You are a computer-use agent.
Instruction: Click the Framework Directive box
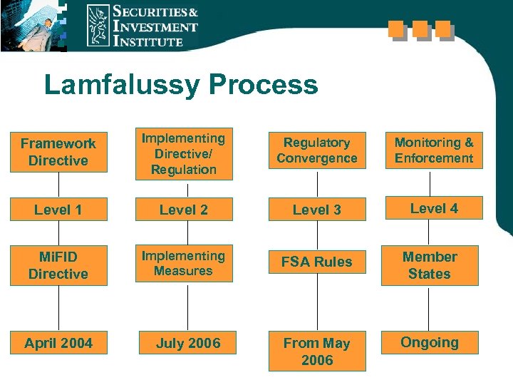tap(58, 152)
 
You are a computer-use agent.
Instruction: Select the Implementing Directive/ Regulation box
tap(183, 154)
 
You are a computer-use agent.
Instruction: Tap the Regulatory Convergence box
tap(317, 150)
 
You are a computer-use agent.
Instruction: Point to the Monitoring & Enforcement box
tap(433, 150)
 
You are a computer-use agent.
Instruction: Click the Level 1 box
tap(58, 210)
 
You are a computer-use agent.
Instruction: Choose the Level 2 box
tap(183, 210)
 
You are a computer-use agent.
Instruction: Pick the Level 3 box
tap(317, 210)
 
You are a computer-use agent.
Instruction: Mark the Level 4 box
tap(433, 208)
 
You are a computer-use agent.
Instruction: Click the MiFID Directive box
tap(58, 265)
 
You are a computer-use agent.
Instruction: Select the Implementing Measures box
tap(183, 263)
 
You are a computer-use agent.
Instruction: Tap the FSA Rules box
tap(317, 262)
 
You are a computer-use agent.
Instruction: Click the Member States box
tap(430, 265)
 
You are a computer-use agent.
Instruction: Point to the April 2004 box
tap(58, 343)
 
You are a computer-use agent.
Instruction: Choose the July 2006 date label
tap(188, 343)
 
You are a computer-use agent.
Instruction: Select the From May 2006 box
tap(317, 351)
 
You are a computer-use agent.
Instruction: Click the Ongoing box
tap(430, 342)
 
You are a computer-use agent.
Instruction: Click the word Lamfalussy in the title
tap(121, 86)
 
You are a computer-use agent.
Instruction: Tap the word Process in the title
tap(263, 86)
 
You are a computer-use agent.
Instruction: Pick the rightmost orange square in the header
tap(445, 29)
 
